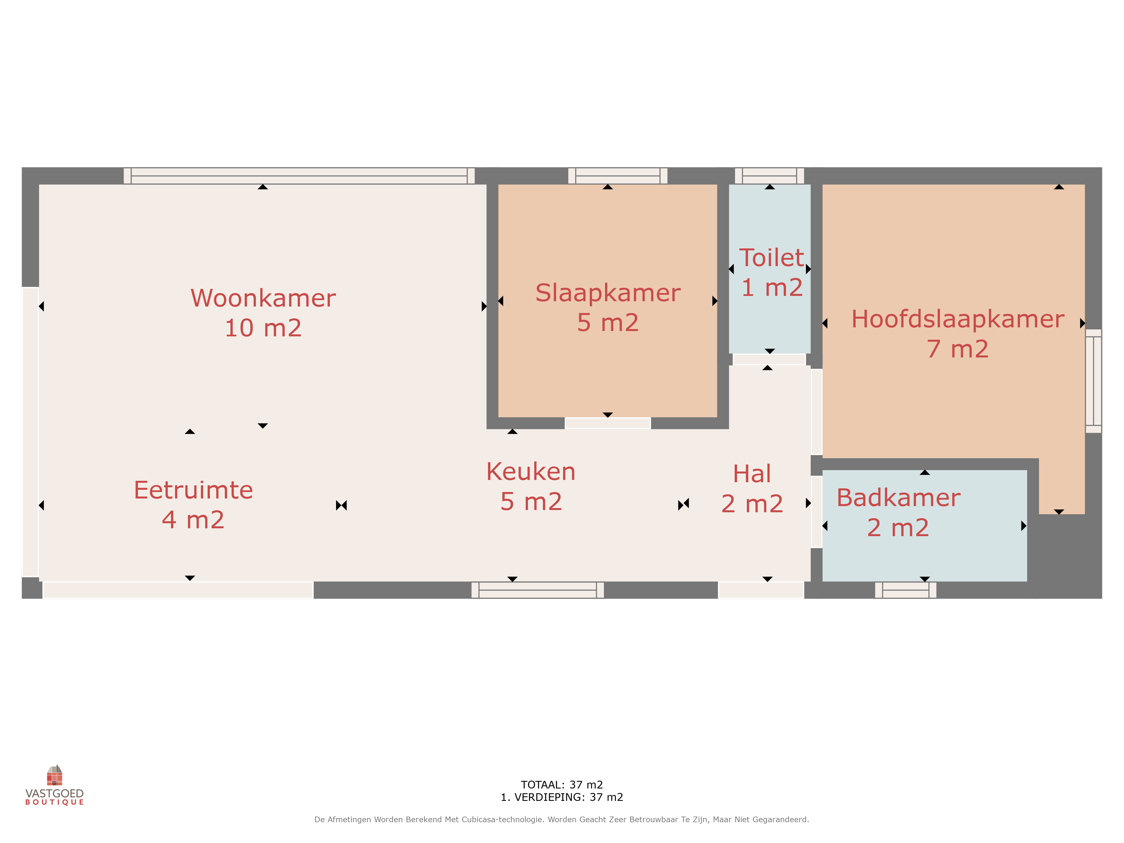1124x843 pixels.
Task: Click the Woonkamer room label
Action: tap(263, 298)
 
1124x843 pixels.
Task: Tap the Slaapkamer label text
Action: tap(608, 293)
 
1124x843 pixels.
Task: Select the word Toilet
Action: tap(771, 258)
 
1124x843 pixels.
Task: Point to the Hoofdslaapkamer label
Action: tap(958, 319)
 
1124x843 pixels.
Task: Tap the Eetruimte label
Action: tap(193, 490)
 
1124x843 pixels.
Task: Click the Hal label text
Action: tap(752, 474)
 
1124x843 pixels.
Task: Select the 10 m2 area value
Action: tap(263, 328)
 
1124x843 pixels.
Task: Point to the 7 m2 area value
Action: tap(958, 349)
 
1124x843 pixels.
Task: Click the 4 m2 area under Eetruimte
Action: tap(193, 520)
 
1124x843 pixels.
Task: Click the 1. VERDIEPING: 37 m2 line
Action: tap(562, 797)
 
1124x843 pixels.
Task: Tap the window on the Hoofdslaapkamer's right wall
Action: tap(1094, 381)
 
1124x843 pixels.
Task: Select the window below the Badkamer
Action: tap(905, 590)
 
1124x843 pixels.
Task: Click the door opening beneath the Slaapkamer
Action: tap(608, 423)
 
